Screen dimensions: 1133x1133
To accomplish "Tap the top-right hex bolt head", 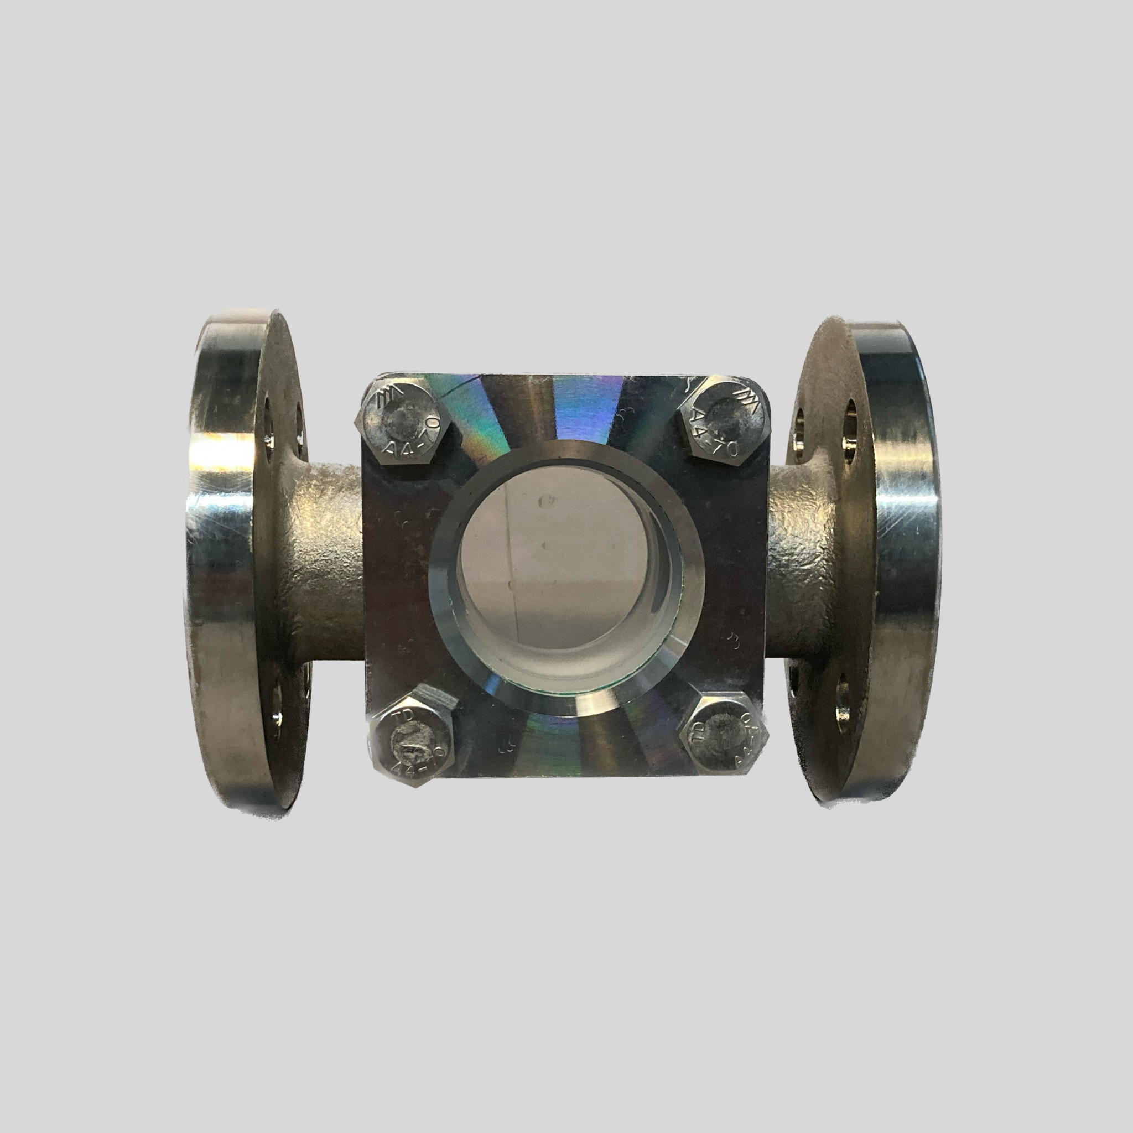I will [723, 426].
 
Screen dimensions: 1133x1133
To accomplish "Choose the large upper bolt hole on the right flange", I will [851, 434].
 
